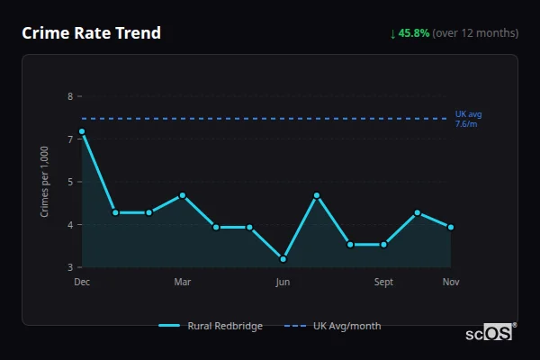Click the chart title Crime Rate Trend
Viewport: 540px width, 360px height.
click(x=91, y=33)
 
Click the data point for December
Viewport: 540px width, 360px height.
click(x=82, y=131)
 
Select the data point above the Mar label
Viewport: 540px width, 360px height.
click(x=183, y=195)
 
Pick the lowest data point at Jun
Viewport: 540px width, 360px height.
click(x=283, y=259)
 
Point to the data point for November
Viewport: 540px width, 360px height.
click(x=451, y=227)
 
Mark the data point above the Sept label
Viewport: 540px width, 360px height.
click(x=383, y=244)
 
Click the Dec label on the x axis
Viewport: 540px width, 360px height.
click(x=82, y=282)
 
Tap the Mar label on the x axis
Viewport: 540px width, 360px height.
click(x=183, y=282)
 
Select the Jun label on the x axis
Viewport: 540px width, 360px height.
click(x=283, y=282)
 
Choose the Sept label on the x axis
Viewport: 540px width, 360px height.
click(x=383, y=282)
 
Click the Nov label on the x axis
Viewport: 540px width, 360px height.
click(x=451, y=282)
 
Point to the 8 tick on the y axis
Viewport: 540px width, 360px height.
click(x=70, y=96)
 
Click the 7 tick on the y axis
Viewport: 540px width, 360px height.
click(x=70, y=139)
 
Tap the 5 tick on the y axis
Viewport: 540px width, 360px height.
click(x=70, y=182)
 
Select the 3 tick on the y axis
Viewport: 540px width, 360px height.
click(x=70, y=267)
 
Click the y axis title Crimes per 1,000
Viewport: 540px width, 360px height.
click(x=45, y=182)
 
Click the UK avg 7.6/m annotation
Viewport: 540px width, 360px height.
click(x=468, y=119)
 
